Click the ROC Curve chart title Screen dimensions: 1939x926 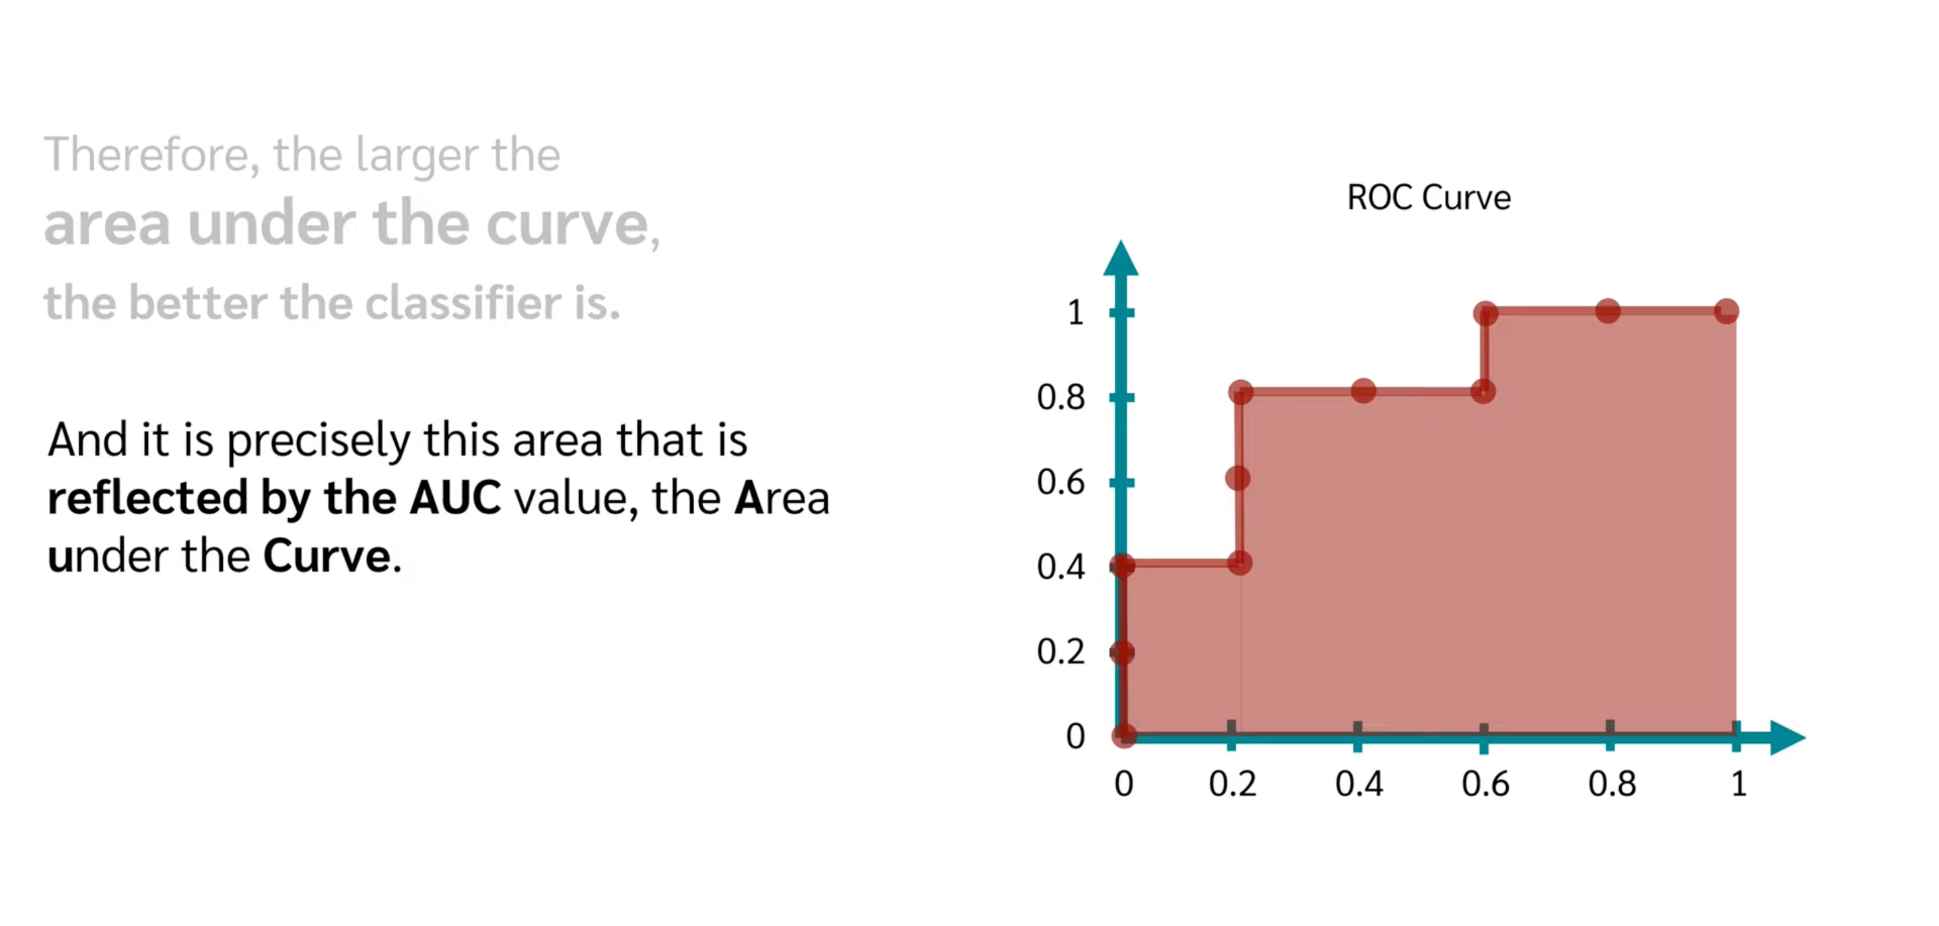pos(1428,198)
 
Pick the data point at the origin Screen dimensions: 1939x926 pos(1124,735)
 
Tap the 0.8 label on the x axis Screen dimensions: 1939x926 pos(1612,784)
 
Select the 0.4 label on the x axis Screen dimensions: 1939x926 pos(1359,784)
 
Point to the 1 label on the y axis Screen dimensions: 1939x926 pos(1076,312)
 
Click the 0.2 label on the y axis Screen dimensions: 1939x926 pos(1060,651)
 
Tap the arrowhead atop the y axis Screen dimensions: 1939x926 pos(1121,258)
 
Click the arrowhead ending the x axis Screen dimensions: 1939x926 pos(1788,736)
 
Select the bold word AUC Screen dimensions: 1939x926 pos(454,498)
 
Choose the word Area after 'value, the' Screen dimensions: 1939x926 pos(782,498)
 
